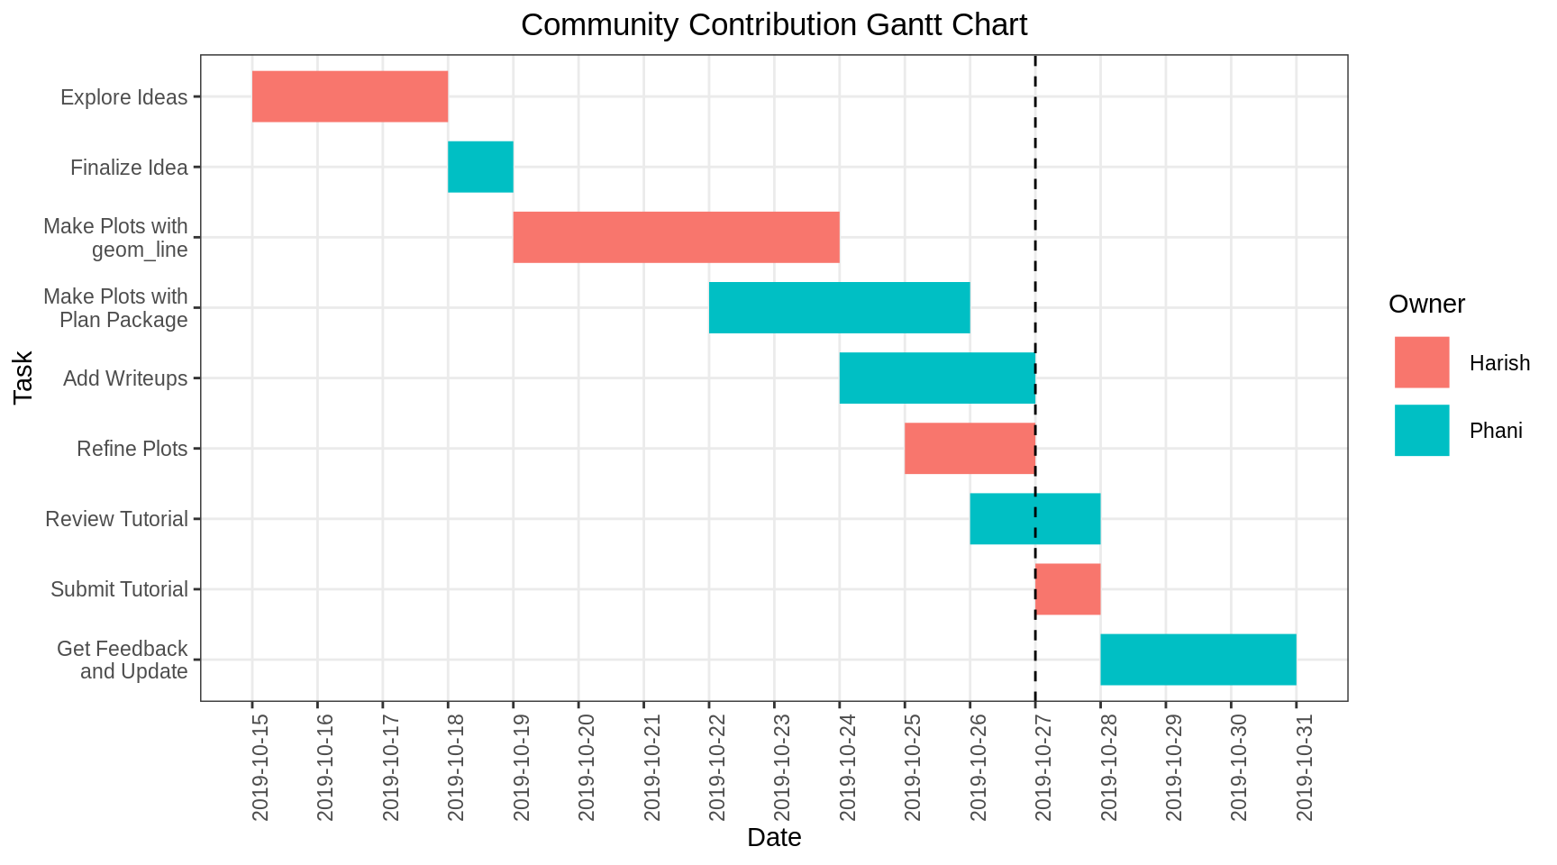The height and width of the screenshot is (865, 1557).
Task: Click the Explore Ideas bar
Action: tap(350, 96)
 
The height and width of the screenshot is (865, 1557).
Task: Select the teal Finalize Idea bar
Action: tap(480, 167)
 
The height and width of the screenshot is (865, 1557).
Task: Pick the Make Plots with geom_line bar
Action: tap(676, 237)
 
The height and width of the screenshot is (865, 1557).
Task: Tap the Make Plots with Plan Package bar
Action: tap(839, 307)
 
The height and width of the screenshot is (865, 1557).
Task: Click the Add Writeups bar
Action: tap(937, 378)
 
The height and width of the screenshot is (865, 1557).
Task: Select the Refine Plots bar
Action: tap(970, 448)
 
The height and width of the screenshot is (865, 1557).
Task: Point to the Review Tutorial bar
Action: tap(1034, 518)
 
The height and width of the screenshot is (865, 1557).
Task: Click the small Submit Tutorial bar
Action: tap(1068, 588)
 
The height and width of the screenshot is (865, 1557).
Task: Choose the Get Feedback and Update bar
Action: tap(1198, 659)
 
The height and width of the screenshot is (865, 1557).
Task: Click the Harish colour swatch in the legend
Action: tap(1421, 362)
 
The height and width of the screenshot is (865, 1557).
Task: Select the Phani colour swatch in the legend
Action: tap(1421, 430)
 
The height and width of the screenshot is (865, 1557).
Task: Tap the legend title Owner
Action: tap(1426, 304)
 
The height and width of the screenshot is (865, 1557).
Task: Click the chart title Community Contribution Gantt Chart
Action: tap(773, 24)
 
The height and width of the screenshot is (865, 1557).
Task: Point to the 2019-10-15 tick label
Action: tap(260, 767)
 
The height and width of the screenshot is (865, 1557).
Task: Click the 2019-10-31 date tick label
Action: tap(1305, 767)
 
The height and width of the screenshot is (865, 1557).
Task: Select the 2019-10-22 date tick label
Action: tap(717, 767)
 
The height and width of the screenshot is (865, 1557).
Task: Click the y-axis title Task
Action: tap(23, 377)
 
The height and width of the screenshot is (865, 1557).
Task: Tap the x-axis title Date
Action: tap(773, 837)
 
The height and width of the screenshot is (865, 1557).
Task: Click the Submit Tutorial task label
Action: tap(119, 589)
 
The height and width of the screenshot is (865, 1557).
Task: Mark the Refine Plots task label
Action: tap(132, 449)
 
